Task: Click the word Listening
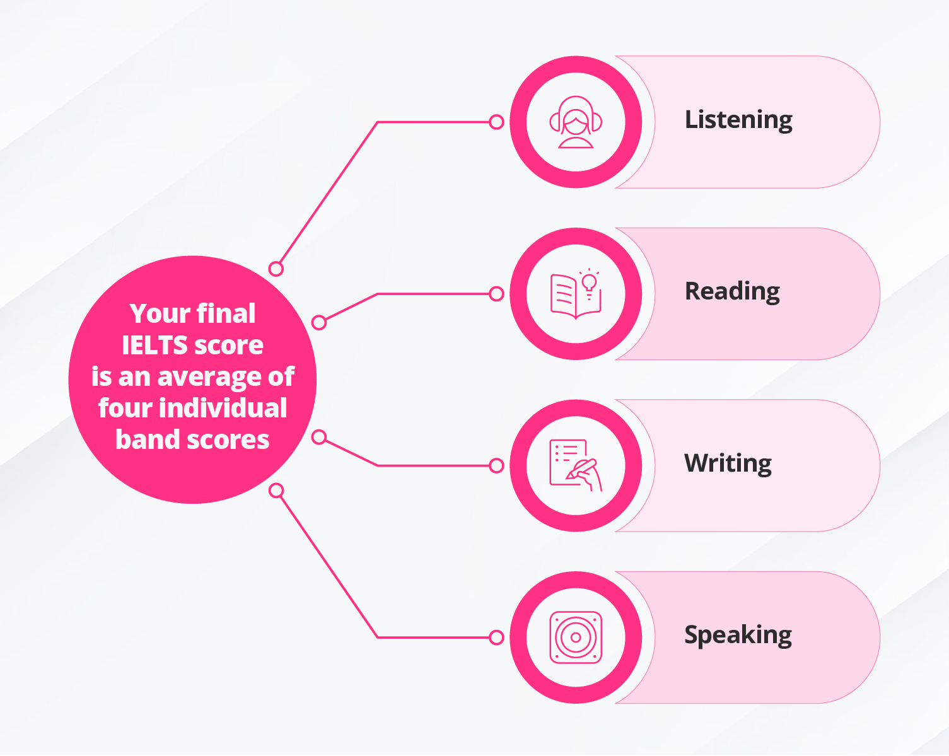[738, 120]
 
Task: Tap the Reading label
[732, 292]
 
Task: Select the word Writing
[728, 463]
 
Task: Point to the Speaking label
[738, 635]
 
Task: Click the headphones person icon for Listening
[576, 122]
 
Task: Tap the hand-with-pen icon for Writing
[576, 465]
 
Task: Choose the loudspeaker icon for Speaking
[576, 637]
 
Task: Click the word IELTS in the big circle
[154, 346]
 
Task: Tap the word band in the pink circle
[143, 439]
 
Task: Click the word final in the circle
[225, 313]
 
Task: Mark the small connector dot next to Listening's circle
[496, 122]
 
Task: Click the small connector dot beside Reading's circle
[496, 294]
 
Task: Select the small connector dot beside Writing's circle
[496, 466]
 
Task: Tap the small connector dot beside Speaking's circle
[496, 637]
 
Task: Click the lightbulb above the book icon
[590, 281]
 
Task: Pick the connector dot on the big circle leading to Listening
[276, 269]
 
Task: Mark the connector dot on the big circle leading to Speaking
[276, 491]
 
